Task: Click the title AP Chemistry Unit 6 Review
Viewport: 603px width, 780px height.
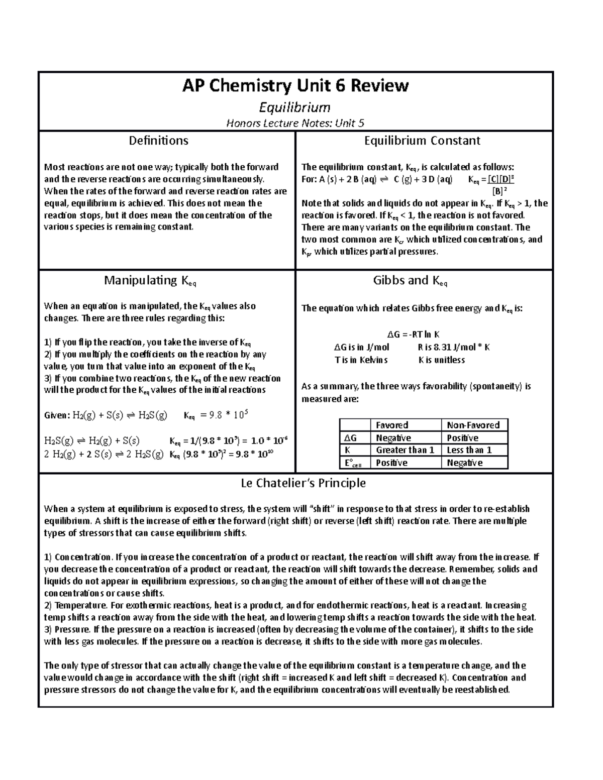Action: click(295, 86)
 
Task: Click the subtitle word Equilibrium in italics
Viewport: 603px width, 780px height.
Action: click(295, 107)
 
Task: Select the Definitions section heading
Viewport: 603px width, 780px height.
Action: click(159, 141)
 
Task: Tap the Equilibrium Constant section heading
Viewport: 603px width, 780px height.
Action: click(422, 141)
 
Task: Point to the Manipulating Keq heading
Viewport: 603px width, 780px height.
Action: click(150, 281)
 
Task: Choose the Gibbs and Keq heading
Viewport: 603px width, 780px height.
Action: click(410, 281)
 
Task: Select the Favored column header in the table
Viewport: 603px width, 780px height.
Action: click(392, 425)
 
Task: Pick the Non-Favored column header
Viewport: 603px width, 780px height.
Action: click(473, 425)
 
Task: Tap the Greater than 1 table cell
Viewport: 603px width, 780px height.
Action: click(405, 450)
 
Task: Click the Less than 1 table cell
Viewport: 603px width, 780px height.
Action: click(469, 450)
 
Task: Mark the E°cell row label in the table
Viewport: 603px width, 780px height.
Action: click(353, 463)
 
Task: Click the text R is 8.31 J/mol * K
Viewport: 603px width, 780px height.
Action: click(453, 347)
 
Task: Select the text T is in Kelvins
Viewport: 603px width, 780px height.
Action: click(361, 360)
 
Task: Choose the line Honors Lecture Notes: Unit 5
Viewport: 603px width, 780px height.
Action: click(295, 123)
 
